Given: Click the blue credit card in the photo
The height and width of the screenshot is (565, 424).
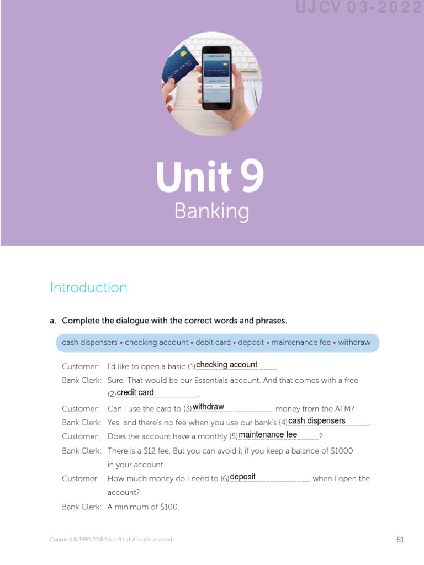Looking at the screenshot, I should [x=178, y=70].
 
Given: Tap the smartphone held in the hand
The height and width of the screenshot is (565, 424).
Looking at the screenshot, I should [x=217, y=81].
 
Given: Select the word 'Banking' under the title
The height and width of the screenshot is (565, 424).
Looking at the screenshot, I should [x=211, y=211].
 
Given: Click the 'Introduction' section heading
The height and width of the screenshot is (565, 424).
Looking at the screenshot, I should [x=88, y=287].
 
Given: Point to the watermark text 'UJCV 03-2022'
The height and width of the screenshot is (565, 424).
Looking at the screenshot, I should [x=358, y=8].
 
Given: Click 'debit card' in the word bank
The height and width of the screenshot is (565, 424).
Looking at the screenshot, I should [x=213, y=343].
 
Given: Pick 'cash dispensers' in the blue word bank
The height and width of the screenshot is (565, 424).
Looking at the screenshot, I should [x=89, y=343].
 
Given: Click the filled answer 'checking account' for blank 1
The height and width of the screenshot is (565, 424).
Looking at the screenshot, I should [x=227, y=365].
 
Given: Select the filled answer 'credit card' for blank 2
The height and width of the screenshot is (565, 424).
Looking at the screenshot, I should [x=135, y=393].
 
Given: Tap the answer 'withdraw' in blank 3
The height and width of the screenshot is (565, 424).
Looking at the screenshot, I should [x=208, y=407].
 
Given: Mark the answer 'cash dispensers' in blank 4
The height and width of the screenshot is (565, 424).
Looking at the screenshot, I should [x=317, y=421].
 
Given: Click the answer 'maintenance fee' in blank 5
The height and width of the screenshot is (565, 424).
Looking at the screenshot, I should [x=268, y=435].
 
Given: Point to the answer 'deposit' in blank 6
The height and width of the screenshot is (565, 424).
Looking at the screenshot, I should [x=243, y=477].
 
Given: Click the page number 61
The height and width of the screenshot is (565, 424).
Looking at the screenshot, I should [x=400, y=540].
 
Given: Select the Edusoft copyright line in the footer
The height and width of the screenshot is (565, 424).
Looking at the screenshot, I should [x=111, y=540].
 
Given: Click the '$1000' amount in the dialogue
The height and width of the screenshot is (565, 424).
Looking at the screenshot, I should [x=342, y=451].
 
